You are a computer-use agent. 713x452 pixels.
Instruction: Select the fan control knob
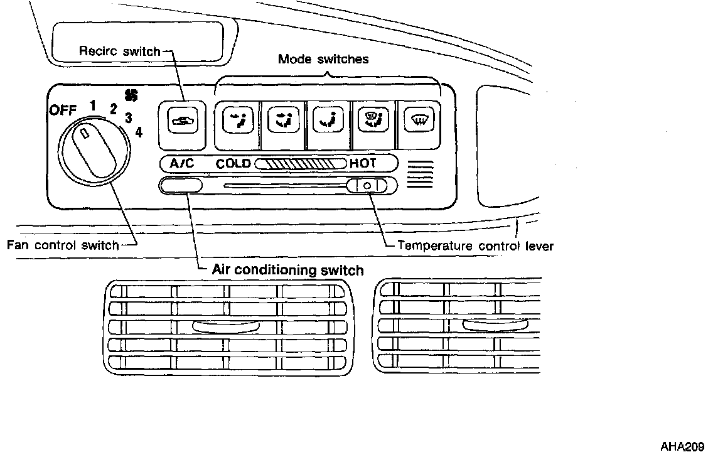point(94,151)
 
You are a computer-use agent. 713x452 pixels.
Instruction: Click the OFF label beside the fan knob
point(63,110)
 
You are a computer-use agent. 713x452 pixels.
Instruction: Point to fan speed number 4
point(139,132)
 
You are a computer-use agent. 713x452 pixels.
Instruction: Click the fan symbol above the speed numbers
point(131,95)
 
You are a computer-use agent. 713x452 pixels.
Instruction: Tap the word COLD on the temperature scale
point(233,163)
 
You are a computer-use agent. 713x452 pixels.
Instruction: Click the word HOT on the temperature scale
point(363,163)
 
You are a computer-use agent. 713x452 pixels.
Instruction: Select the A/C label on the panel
point(181,163)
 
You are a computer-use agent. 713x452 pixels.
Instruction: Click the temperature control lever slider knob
point(367,186)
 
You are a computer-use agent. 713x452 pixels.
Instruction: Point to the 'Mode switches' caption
point(323,59)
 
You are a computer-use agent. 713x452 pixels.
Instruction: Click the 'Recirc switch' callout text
point(120,50)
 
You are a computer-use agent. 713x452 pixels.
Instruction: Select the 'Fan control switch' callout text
point(63,245)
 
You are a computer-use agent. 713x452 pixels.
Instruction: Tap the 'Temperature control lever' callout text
point(476,245)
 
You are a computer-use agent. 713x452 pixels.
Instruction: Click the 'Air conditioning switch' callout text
point(288,270)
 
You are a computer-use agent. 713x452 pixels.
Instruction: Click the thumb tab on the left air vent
point(226,326)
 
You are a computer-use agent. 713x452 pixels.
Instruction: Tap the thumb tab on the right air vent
point(496,325)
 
